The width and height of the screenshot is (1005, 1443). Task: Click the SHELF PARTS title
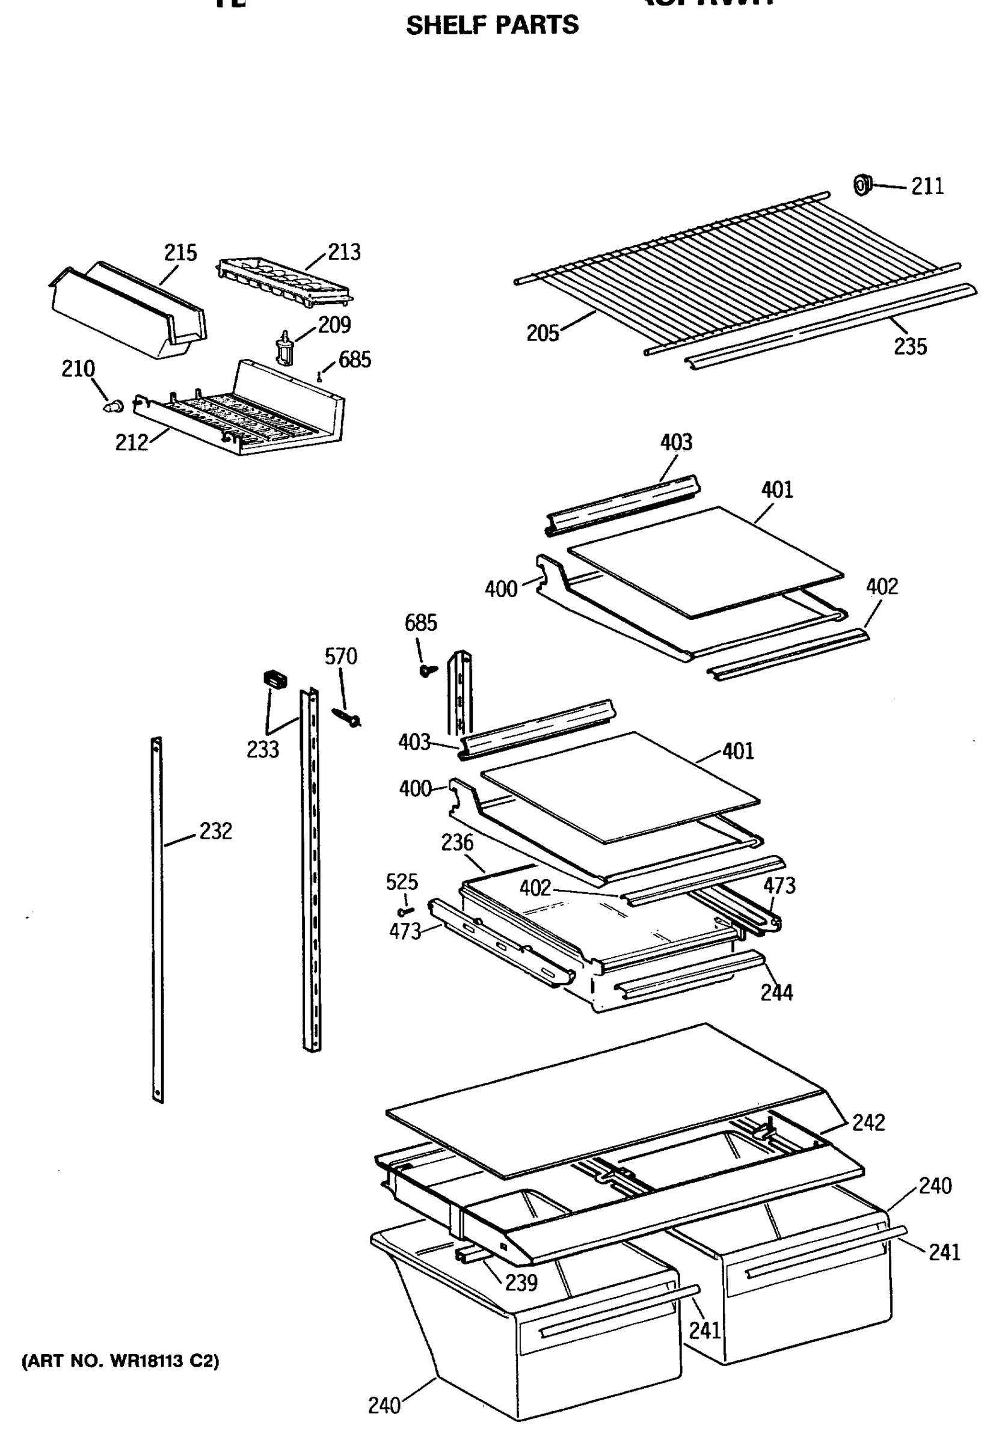coord(491,25)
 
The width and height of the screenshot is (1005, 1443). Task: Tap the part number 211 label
coord(927,186)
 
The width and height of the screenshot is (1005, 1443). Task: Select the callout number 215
coord(180,253)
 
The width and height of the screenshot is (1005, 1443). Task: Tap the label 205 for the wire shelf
coord(542,333)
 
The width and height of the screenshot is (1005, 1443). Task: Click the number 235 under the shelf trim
coord(909,346)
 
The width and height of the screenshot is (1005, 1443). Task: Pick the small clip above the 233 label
coord(274,679)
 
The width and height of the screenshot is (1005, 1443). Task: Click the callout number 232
coord(215,831)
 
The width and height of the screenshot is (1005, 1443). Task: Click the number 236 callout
coord(457,842)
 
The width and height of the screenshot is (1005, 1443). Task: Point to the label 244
coord(776,993)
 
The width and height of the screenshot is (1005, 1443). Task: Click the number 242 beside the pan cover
coord(868,1122)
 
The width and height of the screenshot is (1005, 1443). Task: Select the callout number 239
coord(521,1282)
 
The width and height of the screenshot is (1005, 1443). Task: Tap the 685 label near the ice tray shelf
coord(354,360)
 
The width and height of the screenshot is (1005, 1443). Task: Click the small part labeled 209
coord(285,348)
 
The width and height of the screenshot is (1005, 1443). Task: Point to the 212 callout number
coord(131,443)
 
